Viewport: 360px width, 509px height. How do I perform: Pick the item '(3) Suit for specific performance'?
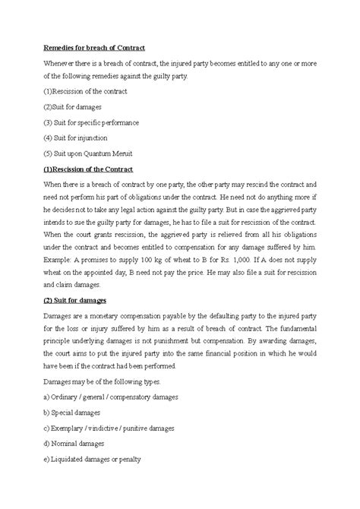(90, 122)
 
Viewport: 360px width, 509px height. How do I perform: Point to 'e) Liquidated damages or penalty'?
(91, 458)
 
